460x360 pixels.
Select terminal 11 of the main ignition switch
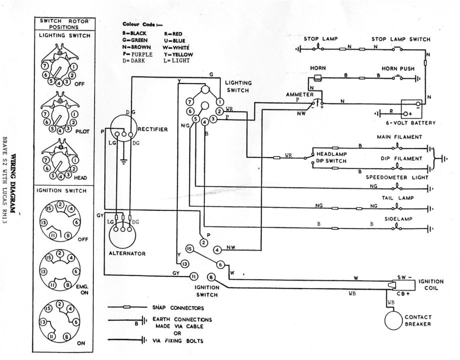pos(192,275)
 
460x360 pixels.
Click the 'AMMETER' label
pos(300,94)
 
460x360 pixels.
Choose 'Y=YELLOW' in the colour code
pos(178,54)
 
